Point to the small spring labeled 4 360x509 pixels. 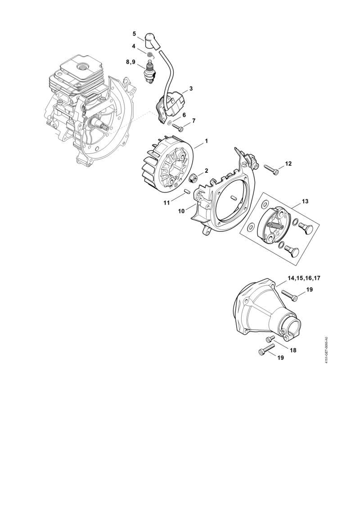click(x=150, y=54)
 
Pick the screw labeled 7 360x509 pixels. click(x=178, y=127)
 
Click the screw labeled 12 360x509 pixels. click(x=272, y=170)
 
